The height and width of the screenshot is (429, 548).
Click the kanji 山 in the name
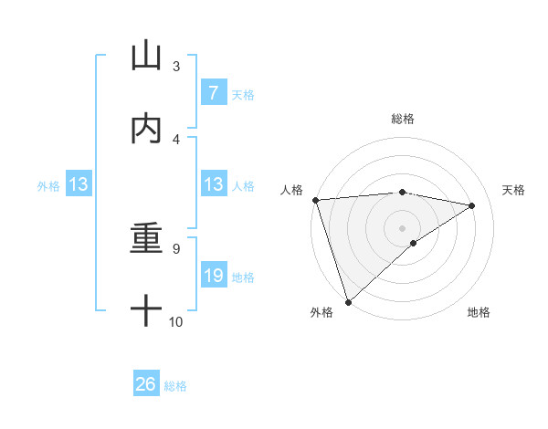(146, 56)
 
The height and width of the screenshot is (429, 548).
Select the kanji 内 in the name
(146, 129)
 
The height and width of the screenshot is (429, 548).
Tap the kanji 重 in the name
(146, 238)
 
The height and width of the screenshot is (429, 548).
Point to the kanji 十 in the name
(146, 311)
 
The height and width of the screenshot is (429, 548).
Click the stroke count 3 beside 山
(176, 66)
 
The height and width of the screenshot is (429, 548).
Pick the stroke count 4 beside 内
(176, 139)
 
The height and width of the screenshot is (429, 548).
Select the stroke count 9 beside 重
(176, 248)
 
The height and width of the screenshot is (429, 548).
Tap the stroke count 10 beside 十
(176, 321)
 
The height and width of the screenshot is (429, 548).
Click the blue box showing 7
(213, 93)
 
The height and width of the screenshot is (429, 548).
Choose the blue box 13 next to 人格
(213, 185)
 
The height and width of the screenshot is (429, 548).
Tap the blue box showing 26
(145, 384)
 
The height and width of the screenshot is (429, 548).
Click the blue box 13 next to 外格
(79, 185)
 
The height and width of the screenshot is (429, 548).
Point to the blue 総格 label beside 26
(175, 386)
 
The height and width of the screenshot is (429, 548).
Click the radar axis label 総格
(402, 120)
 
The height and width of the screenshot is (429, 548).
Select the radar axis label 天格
(513, 191)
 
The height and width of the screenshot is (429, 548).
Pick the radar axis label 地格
(479, 312)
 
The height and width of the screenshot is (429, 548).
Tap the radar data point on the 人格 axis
(315, 200)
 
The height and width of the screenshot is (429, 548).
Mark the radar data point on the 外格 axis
(348, 301)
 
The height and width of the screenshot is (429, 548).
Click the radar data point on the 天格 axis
(472, 205)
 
